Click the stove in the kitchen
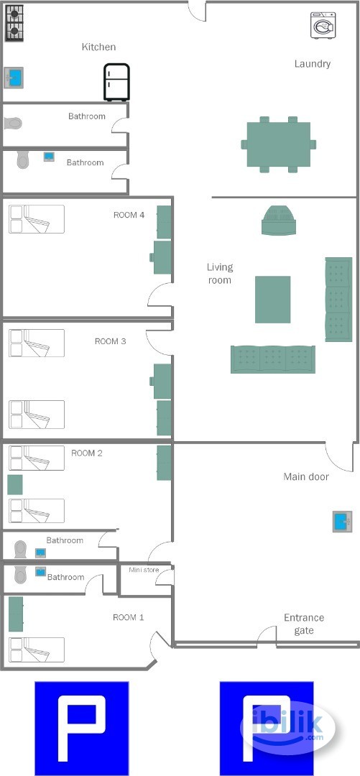point(14,23)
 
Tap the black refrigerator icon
point(117,82)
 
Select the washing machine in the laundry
point(323,25)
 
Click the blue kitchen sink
point(14,78)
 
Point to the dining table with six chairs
point(278,144)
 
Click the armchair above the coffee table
point(279,220)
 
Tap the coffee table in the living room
point(273,300)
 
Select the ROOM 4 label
point(129,215)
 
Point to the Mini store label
point(144,570)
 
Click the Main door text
point(306,476)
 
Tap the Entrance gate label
point(304,624)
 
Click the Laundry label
point(313,63)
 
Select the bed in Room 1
point(37,650)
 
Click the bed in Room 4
point(37,219)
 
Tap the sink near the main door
point(342,522)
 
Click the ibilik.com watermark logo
point(287,728)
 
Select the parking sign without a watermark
point(82,728)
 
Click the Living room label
point(220,274)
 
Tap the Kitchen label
point(99,47)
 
